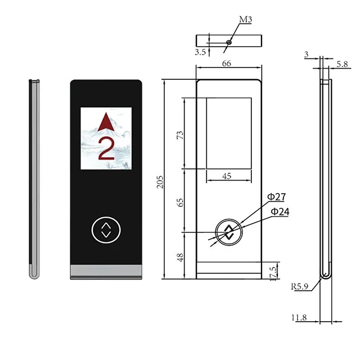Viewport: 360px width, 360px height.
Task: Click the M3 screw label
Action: point(245,20)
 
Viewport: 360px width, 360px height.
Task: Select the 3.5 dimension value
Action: point(200,52)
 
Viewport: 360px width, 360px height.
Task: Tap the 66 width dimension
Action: point(226,64)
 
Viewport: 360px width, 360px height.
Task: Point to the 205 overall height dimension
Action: point(160,182)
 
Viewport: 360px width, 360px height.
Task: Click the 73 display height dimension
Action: point(180,135)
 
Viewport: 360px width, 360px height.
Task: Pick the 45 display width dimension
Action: point(227,176)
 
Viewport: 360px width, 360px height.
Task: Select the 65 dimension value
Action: point(181,202)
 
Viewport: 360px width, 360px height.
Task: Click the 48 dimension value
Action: point(180,258)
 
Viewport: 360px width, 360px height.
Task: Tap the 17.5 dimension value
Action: point(273,273)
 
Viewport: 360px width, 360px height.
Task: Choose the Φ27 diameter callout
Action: point(277,197)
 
